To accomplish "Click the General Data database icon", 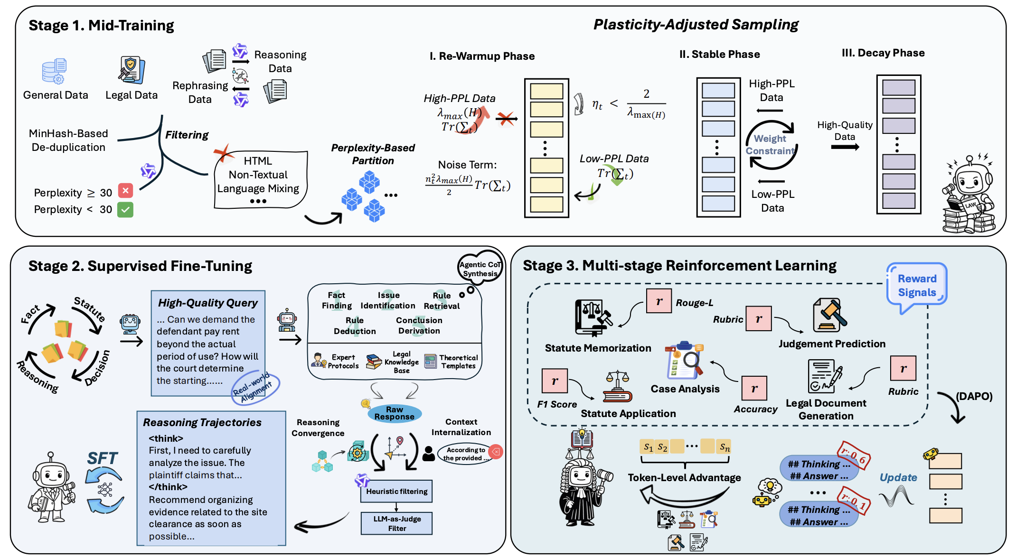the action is (x=54, y=71).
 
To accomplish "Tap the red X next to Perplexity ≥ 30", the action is (x=125, y=191).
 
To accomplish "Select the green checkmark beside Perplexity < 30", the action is (x=125, y=209).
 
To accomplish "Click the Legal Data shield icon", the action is (x=132, y=70).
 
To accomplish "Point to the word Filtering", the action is (x=187, y=135).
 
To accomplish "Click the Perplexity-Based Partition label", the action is (x=373, y=154).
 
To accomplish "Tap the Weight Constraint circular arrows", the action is (x=771, y=145).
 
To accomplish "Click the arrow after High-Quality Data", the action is (x=845, y=147).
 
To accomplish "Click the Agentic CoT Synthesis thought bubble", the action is (x=480, y=268).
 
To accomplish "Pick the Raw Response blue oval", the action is (x=394, y=413).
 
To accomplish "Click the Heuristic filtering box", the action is (x=396, y=492).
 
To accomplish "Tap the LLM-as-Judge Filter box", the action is (x=396, y=523).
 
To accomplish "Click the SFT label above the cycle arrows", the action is (x=102, y=458).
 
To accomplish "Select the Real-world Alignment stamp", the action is (x=256, y=387).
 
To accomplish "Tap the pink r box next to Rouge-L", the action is (x=659, y=301).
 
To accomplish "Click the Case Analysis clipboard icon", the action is (x=685, y=361).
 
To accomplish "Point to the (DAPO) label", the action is (x=974, y=396).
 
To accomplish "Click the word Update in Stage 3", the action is (x=898, y=477).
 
